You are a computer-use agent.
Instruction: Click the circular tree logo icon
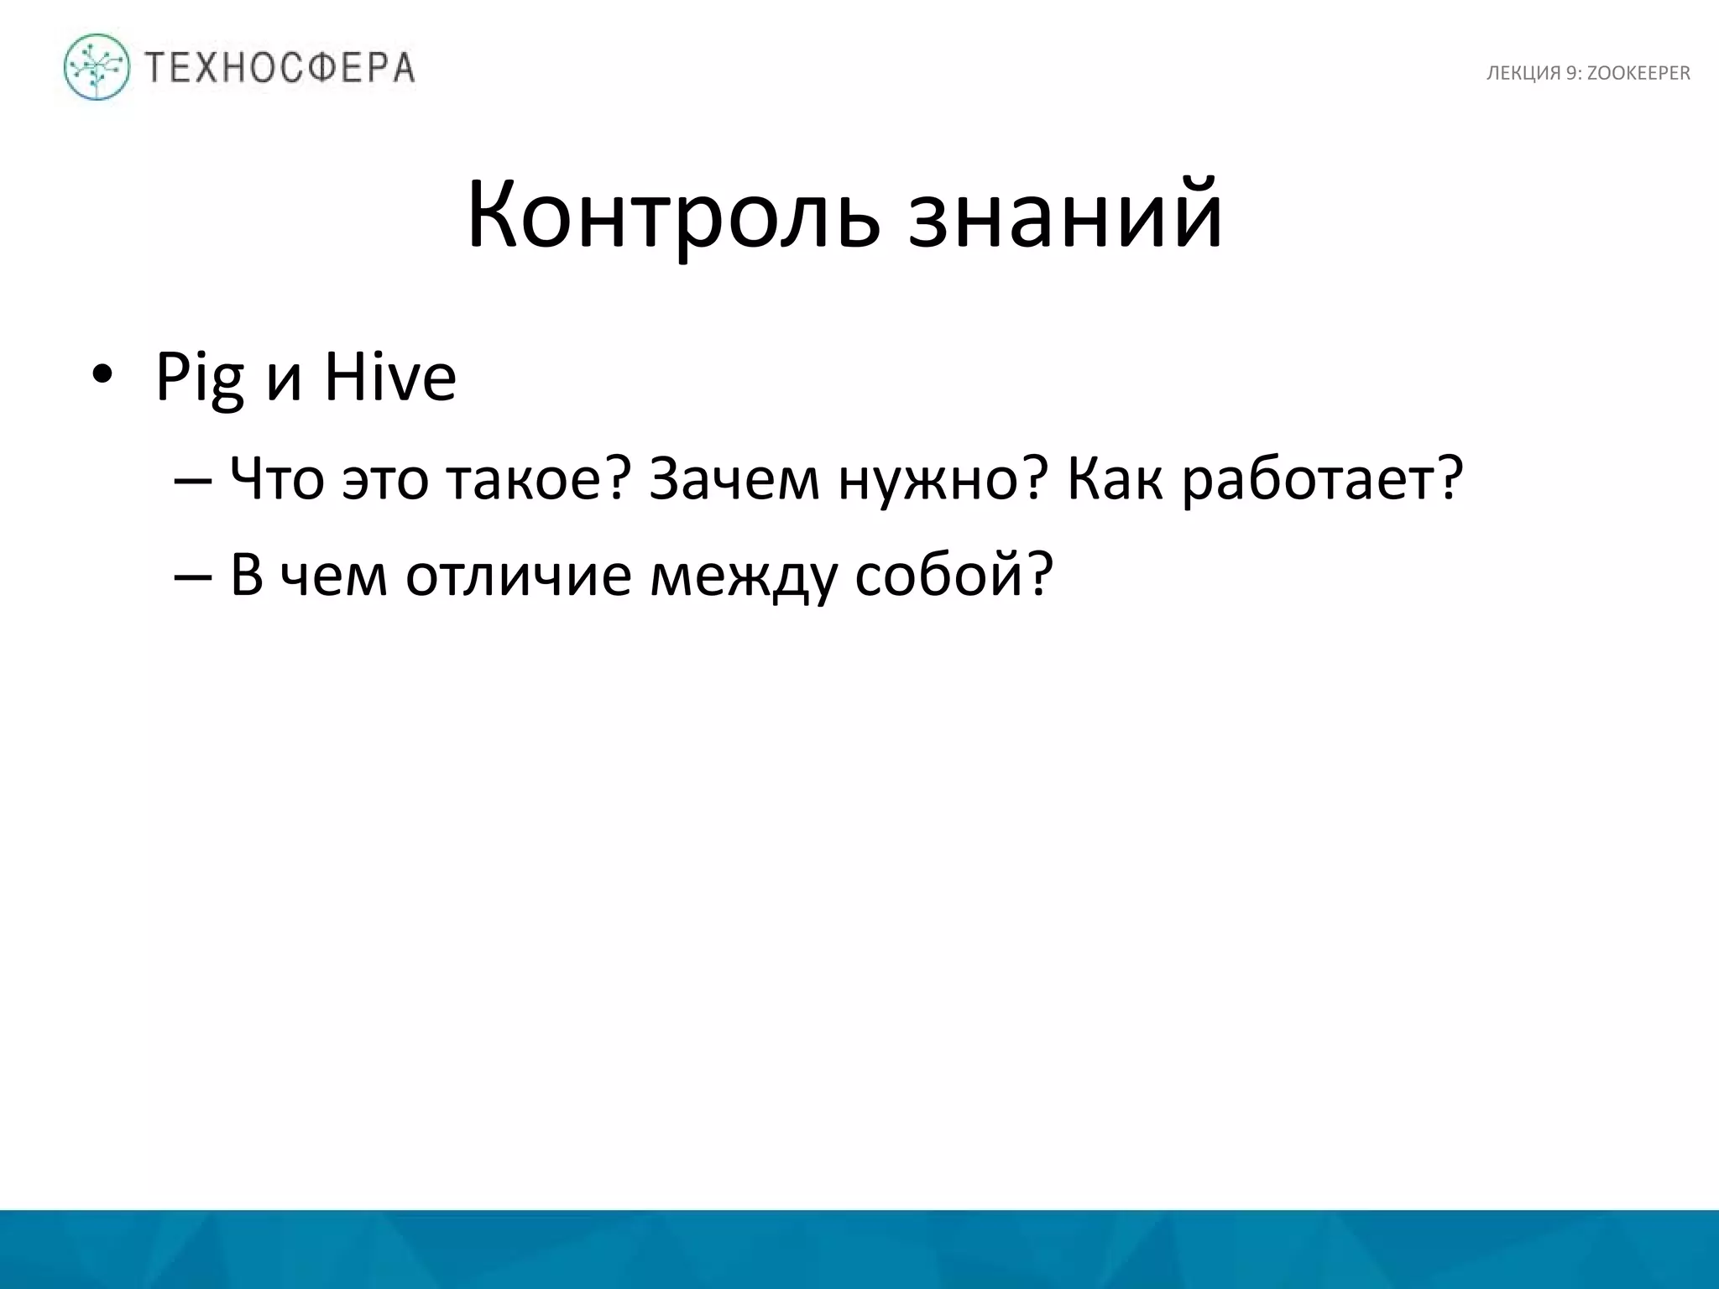coord(97,67)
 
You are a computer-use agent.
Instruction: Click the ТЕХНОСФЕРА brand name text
coord(280,67)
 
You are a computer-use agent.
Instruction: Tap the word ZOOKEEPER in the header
coord(1638,74)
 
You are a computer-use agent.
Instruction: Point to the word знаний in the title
coord(1064,217)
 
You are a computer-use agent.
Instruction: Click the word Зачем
coord(734,480)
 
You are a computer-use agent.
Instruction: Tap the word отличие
coord(518,577)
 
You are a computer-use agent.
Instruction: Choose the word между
coord(743,578)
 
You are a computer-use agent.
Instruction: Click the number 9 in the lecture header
coord(1570,74)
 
